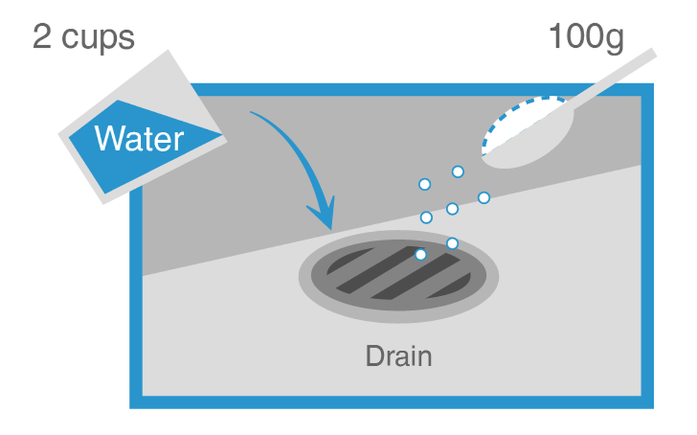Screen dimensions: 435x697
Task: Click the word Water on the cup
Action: tap(139, 139)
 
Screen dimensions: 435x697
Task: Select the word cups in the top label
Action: tap(98, 39)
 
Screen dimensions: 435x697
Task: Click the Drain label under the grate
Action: tap(398, 356)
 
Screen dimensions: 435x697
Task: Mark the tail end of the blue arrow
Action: tap(252, 112)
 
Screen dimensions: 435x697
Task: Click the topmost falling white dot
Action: tap(458, 172)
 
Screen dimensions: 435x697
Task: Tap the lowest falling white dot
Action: tap(421, 254)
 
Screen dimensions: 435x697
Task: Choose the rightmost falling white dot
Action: tap(484, 198)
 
